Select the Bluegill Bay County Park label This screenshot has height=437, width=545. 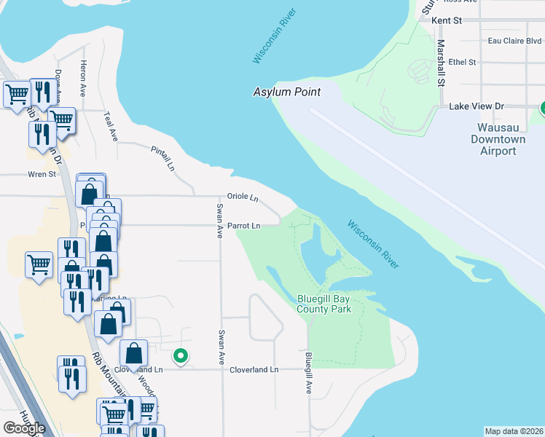coord(324,304)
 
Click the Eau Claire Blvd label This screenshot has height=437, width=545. coord(514,42)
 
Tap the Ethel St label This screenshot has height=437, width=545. coord(462,63)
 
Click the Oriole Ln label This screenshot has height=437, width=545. coord(243,197)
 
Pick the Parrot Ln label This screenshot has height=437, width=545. coord(243,226)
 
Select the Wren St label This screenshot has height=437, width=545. coord(42,175)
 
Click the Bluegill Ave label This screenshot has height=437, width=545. coord(309,374)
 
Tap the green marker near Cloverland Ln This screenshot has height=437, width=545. coord(180,356)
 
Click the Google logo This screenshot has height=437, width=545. coord(24,428)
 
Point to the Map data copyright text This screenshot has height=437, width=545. coord(514,431)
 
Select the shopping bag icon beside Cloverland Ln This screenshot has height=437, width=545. coord(134,355)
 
